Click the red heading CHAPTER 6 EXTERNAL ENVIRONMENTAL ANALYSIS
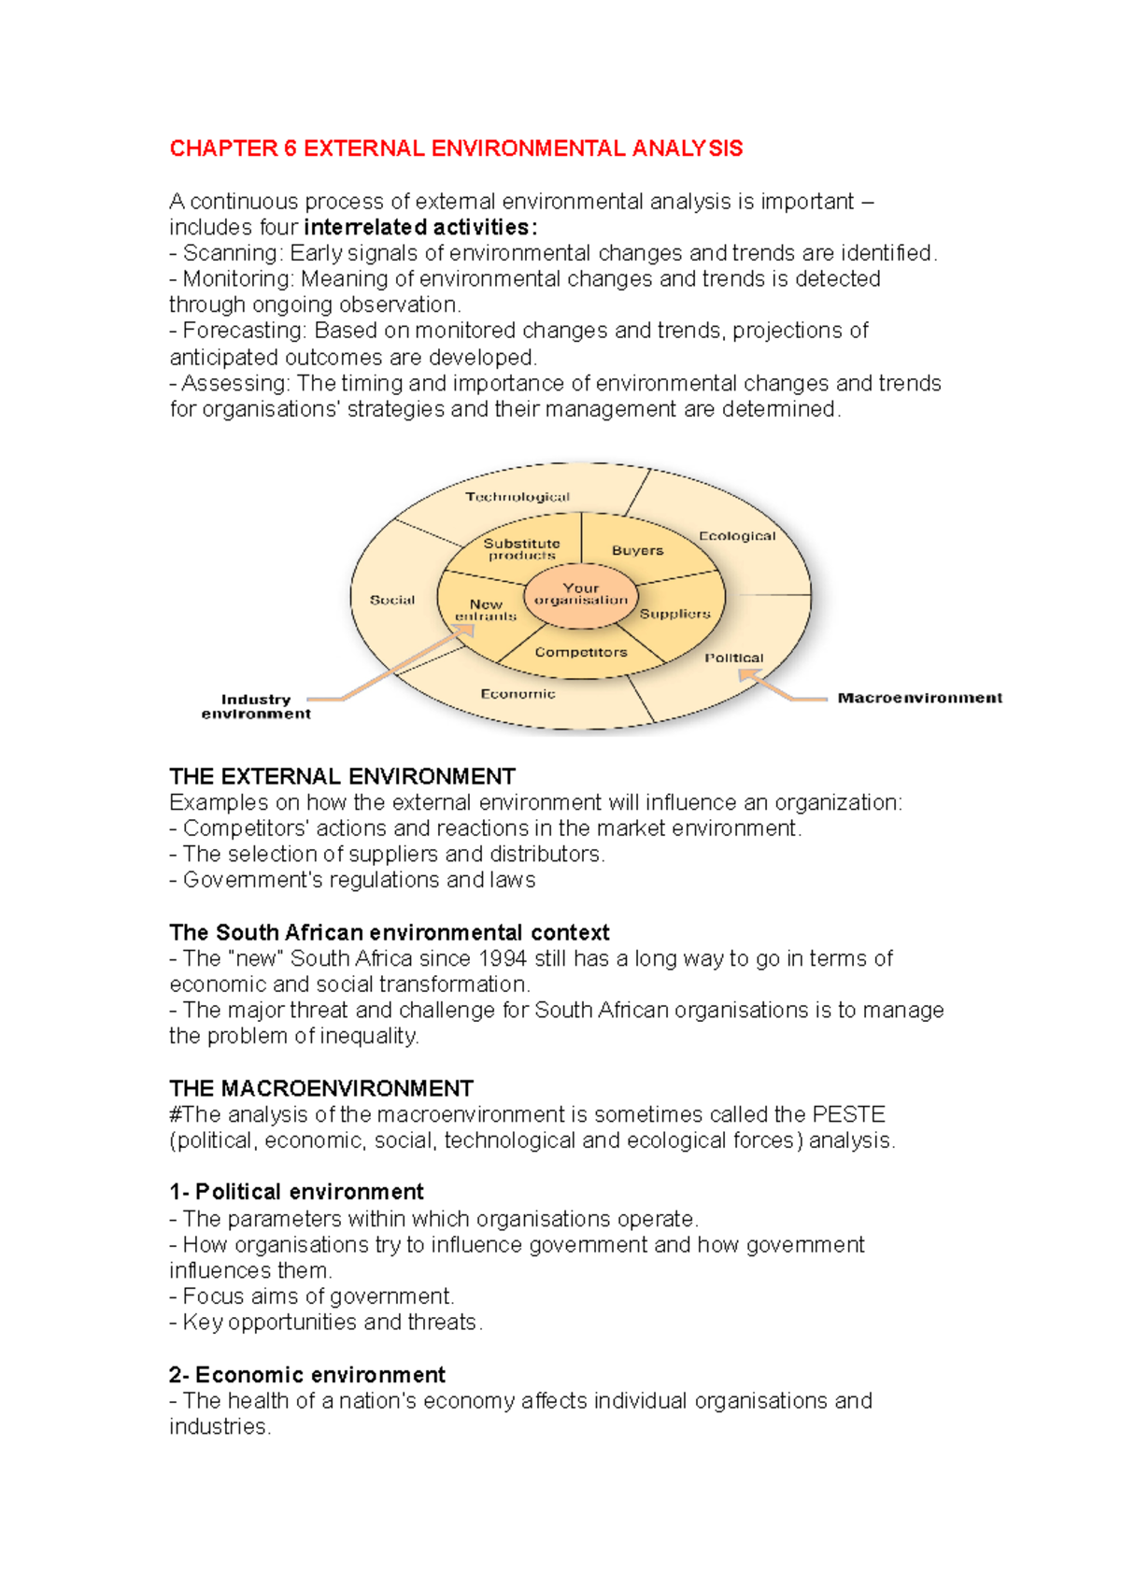(x=456, y=149)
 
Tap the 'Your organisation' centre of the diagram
(x=581, y=594)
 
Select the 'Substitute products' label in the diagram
(x=521, y=549)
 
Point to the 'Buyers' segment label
(x=637, y=551)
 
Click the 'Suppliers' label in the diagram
(x=674, y=614)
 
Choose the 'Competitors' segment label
(x=581, y=652)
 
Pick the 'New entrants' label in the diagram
(x=486, y=610)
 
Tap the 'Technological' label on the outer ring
(x=518, y=497)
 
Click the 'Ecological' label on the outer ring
(x=737, y=536)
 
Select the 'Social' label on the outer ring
(x=392, y=600)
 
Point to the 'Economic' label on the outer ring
(x=518, y=694)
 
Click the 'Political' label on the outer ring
(x=733, y=658)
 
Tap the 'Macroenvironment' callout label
(x=919, y=698)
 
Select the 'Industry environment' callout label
(x=256, y=706)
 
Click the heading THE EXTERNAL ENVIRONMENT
(x=342, y=776)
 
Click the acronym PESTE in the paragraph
(x=848, y=1114)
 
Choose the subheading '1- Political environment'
(x=296, y=1192)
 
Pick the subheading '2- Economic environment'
(x=307, y=1375)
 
